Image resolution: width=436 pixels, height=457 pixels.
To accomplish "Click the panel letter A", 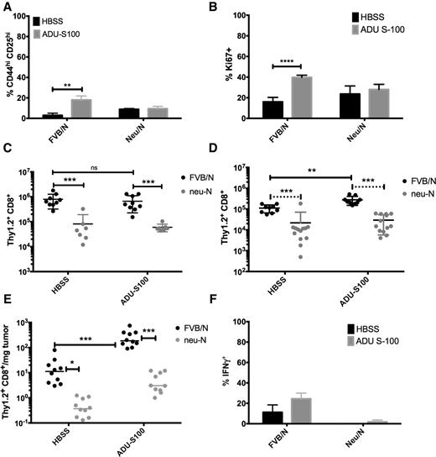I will (x=8, y=8).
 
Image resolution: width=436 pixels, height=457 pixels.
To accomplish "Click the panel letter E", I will (x=8, y=309).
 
